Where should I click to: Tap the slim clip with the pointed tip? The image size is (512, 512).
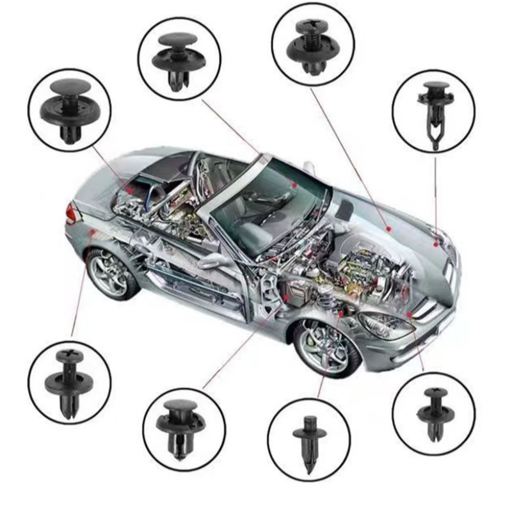309,442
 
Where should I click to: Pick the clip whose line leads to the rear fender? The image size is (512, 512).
69,381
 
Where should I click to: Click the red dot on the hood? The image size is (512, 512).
388,228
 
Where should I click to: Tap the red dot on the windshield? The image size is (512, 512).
294,184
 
